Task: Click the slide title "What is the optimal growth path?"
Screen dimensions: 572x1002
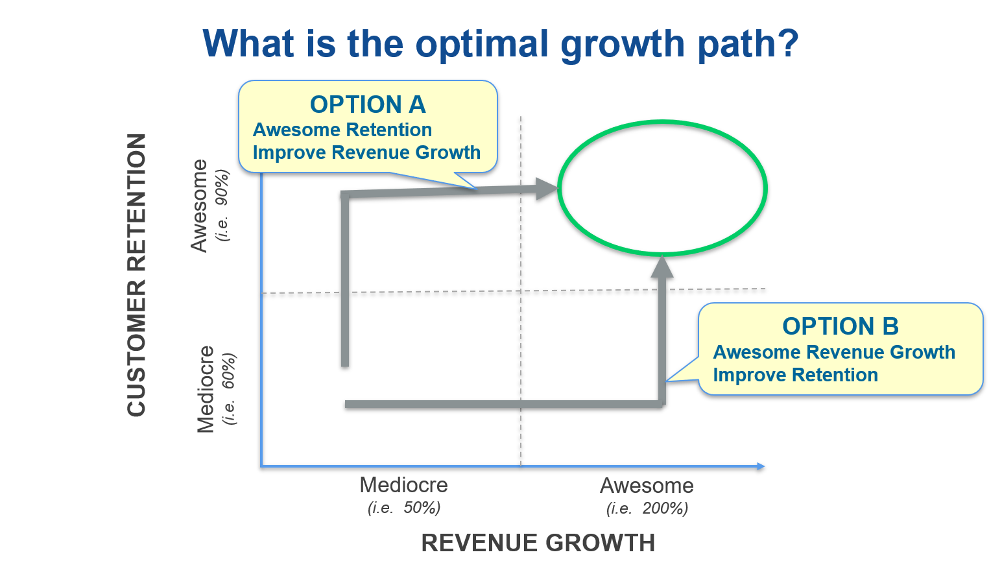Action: coord(501,44)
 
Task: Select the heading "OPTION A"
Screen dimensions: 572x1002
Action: coord(368,104)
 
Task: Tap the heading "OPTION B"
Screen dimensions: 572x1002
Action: coord(841,326)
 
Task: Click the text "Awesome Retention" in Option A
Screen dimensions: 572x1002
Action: coord(342,130)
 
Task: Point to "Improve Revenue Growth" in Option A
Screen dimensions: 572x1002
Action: coord(366,152)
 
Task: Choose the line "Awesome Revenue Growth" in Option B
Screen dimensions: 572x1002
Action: coord(834,352)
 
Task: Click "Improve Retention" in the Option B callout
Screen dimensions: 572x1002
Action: coord(795,375)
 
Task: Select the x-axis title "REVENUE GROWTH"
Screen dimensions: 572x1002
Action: coord(538,543)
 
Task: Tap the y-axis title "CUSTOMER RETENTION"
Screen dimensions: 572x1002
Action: coord(137,275)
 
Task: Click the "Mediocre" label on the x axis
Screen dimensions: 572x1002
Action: coord(403,485)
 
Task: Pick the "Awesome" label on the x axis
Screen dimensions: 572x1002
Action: coord(647,485)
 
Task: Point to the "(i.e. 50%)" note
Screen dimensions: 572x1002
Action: coord(404,507)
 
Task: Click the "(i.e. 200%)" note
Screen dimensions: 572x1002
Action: coord(647,508)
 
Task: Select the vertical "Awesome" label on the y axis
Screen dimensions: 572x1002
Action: coord(199,206)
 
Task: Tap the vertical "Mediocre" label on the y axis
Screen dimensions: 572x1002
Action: coord(206,389)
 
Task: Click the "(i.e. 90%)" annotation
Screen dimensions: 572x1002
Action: coord(222,205)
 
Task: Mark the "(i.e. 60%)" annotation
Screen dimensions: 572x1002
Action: coord(229,388)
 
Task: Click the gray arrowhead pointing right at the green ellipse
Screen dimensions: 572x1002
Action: coord(547,189)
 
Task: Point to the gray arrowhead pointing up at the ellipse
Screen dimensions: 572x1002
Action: coord(662,266)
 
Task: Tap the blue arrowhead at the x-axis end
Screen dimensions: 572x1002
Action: coord(761,466)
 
